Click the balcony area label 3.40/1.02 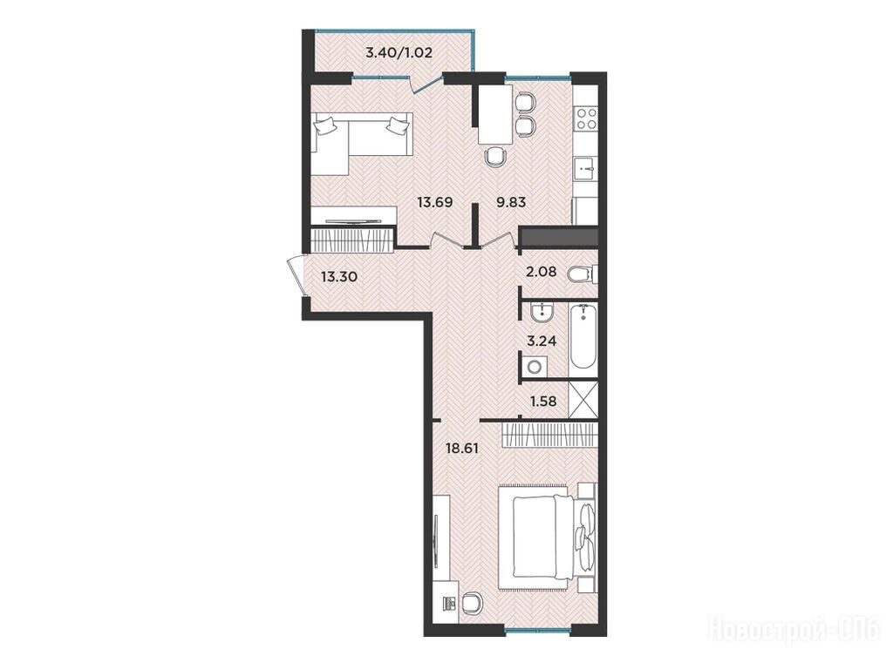pyautogui.click(x=399, y=53)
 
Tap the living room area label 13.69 pyautogui.click(x=435, y=202)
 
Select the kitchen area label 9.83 pyautogui.click(x=511, y=202)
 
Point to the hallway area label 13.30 pyautogui.click(x=339, y=277)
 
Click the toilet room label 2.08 pyautogui.click(x=541, y=272)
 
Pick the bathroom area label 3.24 pyautogui.click(x=541, y=341)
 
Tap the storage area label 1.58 pyautogui.click(x=543, y=402)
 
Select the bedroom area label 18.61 pyautogui.click(x=462, y=449)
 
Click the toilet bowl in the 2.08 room pyautogui.click(x=582, y=275)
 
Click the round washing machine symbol pyautogui.click(x=535, y=367)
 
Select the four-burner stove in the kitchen pyautogui.click(x=586, y=119)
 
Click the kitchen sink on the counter pyautogui.click(x=585, y=167)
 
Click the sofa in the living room pyautogui.click(x=361, y=142)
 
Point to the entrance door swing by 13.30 pyautogui.click(x=297, y=275)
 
